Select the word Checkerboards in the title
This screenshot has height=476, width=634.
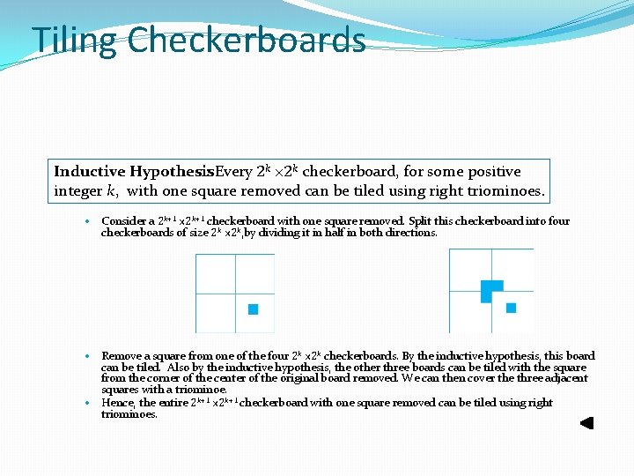246,41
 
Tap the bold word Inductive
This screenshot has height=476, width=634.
90,171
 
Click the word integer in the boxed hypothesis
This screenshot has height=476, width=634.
78,190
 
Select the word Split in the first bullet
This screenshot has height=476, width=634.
423,221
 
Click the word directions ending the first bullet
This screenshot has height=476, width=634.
411,233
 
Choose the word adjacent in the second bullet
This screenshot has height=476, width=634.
563,378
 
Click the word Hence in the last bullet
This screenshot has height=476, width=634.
116,403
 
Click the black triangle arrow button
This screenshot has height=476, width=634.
586,423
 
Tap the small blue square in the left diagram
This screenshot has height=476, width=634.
253,309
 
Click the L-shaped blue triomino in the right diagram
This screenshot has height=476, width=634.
490,290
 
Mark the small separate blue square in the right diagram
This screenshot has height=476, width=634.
511,308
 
